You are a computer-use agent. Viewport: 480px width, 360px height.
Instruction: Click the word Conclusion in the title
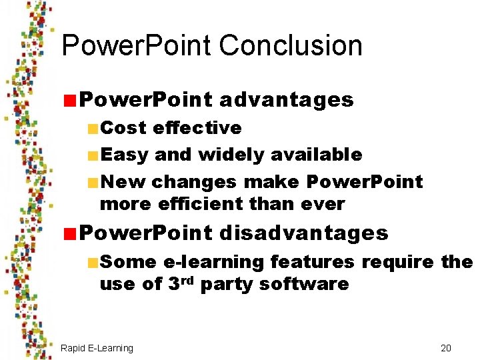pos(290,47)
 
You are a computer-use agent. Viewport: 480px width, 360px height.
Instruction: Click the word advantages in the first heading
pos(286,100)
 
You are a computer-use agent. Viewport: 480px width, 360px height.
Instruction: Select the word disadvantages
pos(303,233)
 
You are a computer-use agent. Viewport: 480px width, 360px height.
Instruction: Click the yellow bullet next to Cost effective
pos(93,128)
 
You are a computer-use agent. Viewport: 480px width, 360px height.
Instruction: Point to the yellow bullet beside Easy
pos(93,155)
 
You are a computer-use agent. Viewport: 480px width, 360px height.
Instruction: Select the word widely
pos(231,155)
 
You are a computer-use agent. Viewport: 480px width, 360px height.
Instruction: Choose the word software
pos(304,283)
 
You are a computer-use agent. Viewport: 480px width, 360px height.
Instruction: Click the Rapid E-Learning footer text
pos(97,348)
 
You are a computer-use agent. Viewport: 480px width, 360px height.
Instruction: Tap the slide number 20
pos(446,348)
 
